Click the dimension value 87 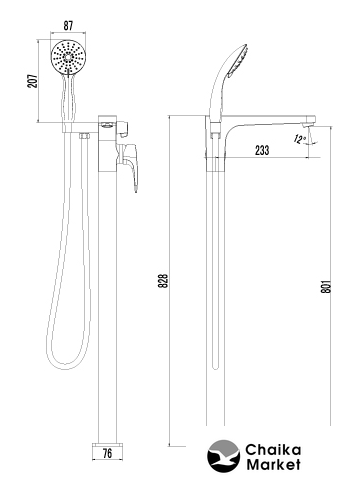[68, 26]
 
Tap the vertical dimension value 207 [33, 81]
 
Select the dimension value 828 [163, 281]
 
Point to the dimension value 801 [326, 286]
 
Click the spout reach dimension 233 [262, 150]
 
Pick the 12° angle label [300, 139]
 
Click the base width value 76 [107, 453]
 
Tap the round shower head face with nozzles [68, 57]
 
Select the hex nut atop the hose [84, 136]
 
